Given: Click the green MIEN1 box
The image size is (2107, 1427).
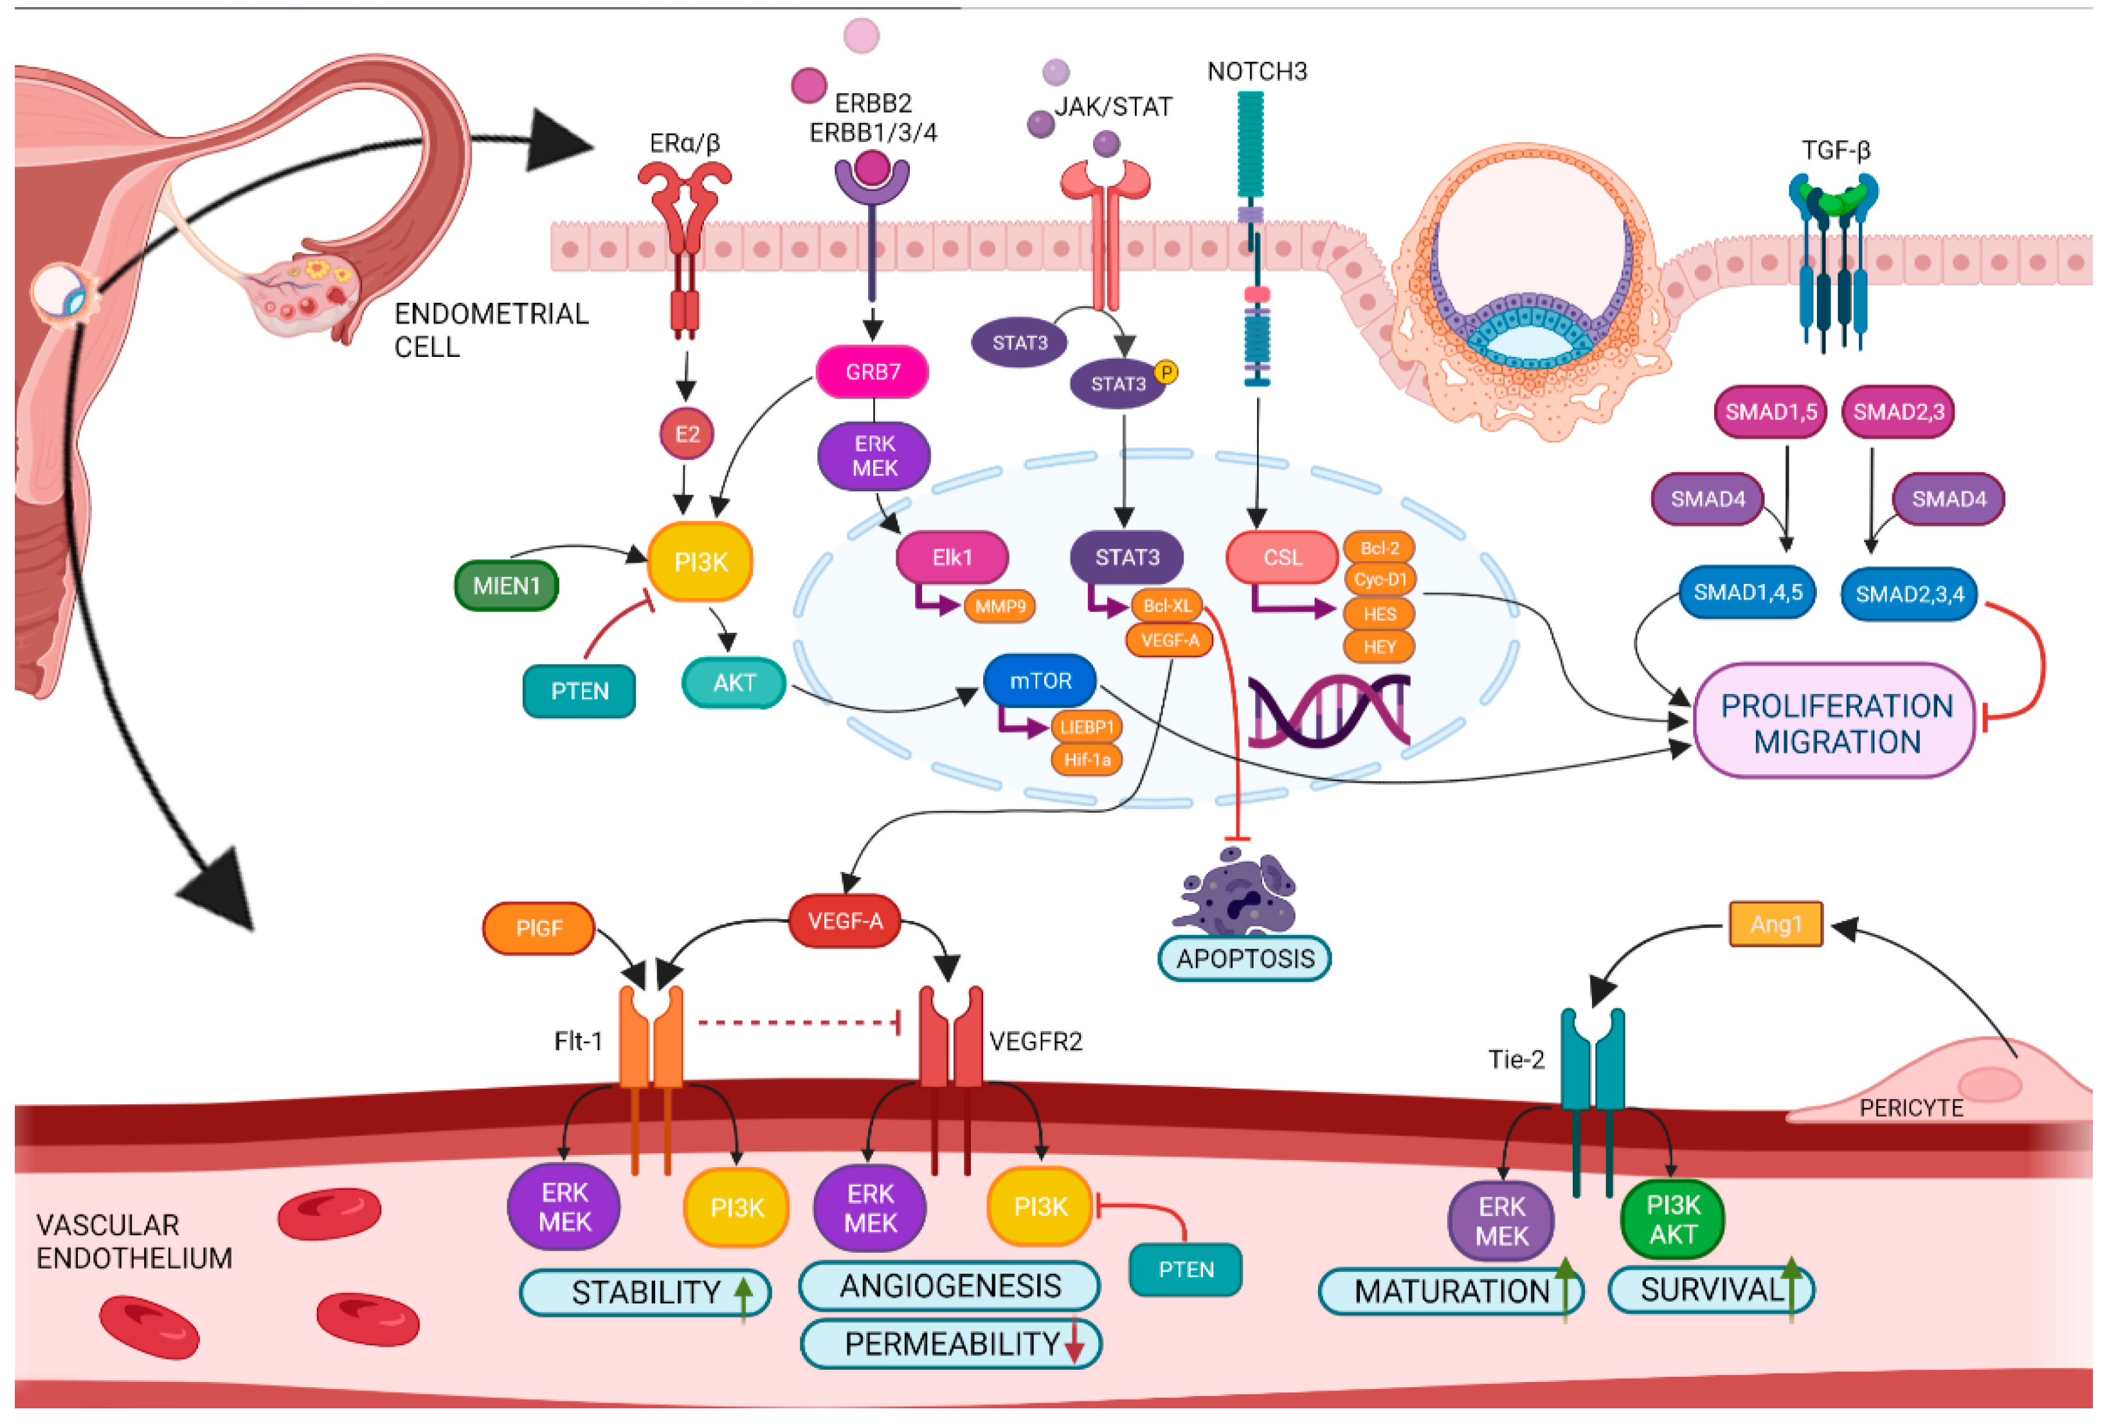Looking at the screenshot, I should [506, 586].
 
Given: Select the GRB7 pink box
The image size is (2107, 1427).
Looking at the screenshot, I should [872, 372].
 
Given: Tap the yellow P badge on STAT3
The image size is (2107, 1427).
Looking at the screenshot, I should [1166, 372].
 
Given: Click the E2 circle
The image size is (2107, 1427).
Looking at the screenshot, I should [686, 434].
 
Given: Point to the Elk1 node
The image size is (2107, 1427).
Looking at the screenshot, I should [952, 557].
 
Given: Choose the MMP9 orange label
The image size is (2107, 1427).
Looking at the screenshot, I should [999, 606].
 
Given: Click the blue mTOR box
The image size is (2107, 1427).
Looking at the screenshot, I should [1040, 681].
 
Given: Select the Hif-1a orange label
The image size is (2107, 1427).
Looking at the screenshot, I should [1087, 759].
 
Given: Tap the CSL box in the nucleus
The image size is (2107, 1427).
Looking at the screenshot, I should [1282, 557].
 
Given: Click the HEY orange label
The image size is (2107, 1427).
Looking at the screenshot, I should [1379, 646].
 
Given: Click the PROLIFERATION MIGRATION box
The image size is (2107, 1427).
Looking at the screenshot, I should [1836, 723].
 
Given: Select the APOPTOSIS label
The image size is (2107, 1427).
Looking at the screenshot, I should [1245, 958].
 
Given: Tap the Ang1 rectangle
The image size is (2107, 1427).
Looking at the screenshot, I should [1775, 924].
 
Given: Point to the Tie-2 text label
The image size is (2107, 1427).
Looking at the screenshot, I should [1516, 1059].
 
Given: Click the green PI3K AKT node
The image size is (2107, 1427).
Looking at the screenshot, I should [1673, 1219].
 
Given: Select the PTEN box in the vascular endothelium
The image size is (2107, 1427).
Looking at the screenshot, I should [1185, 1269].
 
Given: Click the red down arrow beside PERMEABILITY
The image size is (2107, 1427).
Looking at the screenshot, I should [1074, 1343].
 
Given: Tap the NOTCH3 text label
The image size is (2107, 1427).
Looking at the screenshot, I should [1256, 71].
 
